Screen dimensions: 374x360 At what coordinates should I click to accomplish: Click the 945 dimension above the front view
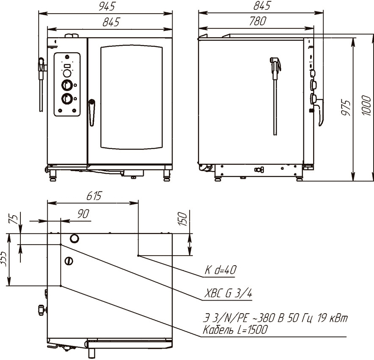[107, 6]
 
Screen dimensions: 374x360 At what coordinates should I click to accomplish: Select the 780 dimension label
[258, 21]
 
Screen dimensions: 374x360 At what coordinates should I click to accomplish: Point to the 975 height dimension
[346, 108]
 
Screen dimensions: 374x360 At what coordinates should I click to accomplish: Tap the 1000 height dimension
[367, 105]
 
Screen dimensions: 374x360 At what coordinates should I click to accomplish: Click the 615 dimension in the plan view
[94, 196]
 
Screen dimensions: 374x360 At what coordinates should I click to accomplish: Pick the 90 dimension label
[83, 214]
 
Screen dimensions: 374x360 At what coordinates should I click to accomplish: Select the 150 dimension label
[182, 219]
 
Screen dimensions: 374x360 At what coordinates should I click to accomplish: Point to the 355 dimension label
[3, 258]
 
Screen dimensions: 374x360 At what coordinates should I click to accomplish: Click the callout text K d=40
[221, 270]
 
